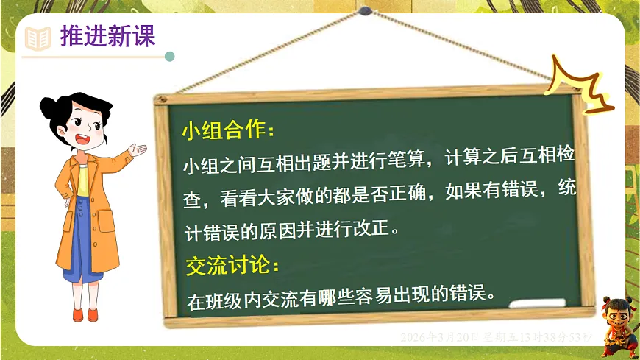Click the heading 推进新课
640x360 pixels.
click(x=107, y=36)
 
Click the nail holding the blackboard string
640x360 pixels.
click(x=365, y=12)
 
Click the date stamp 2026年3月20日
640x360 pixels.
click(x=440, y=337)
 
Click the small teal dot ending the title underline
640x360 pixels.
click(x=170, y=56)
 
